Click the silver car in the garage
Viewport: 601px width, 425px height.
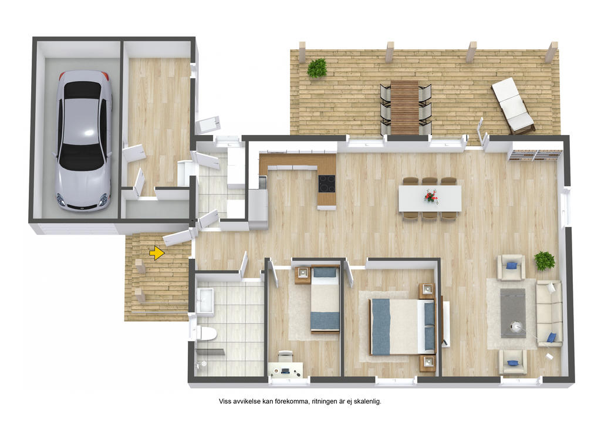(x=83, y=141)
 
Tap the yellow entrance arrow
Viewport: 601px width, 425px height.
(x=157, y=253)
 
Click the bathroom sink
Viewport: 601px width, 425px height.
(x=205, y=301)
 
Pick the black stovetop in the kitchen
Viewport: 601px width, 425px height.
(x=326, y=184)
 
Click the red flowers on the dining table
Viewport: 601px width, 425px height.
(x=431, y=196)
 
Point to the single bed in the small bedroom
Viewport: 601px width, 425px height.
(x=325, y=299)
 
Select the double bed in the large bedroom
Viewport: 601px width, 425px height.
(x=403, y=327)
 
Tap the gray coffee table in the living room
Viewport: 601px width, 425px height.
(x=513, y=313)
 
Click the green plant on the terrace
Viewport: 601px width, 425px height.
(x=317, y=68)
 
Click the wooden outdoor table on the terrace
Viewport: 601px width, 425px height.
(x=405, y=107)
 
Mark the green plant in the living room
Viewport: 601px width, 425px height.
(x=545, y=261)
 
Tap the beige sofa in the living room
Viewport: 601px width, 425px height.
(x=549, y=313)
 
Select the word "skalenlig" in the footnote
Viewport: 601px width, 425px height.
(x=367, y=402)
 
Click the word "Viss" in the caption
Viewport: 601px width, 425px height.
(x=225, y=402)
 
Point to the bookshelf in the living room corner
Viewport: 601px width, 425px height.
(x=535, y=155)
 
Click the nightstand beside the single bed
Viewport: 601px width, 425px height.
(x=302, y=275)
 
